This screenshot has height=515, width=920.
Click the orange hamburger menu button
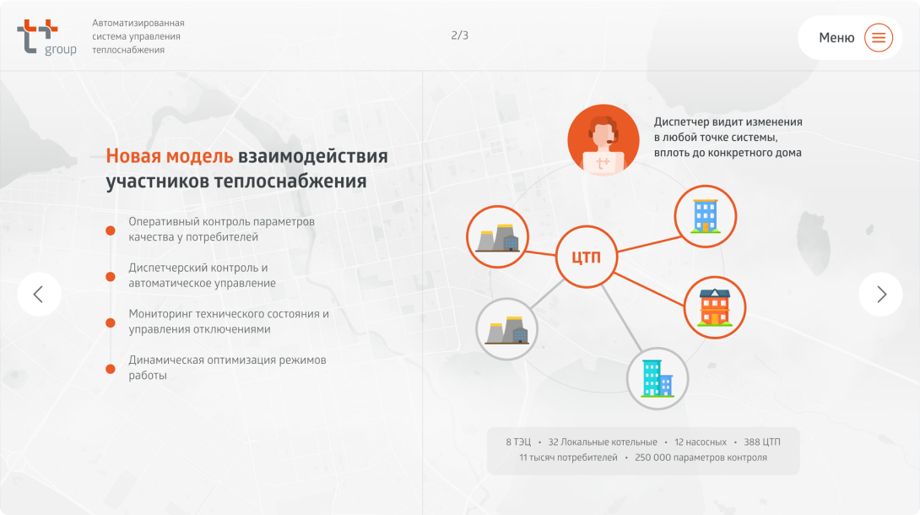click(879, 37)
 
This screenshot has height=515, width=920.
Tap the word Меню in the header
click(836, 37)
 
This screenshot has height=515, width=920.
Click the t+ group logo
click(47, 37)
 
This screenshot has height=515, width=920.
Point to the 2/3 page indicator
click(459, 35)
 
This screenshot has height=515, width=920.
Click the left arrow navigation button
click(40, 294)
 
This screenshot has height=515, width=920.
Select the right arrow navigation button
click(880, 294)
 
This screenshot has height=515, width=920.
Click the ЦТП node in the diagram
click(586, 257)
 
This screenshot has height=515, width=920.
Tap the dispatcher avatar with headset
click(603, 139)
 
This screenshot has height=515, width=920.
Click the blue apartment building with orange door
click(706, 216)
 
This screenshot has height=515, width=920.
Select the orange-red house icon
click(715, 307)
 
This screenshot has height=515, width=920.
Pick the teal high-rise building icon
click(658, 378)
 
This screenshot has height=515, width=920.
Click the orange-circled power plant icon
click(497, 237)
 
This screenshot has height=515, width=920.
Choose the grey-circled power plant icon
click(506, 329)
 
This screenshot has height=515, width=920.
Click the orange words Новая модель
click(170, 156)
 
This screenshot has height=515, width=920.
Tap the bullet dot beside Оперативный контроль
click(111, 230)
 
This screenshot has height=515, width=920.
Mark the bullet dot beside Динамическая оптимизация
click(111, 369)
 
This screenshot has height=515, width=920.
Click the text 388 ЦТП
click(762, 442)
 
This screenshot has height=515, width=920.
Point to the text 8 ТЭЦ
click(518, 442)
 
